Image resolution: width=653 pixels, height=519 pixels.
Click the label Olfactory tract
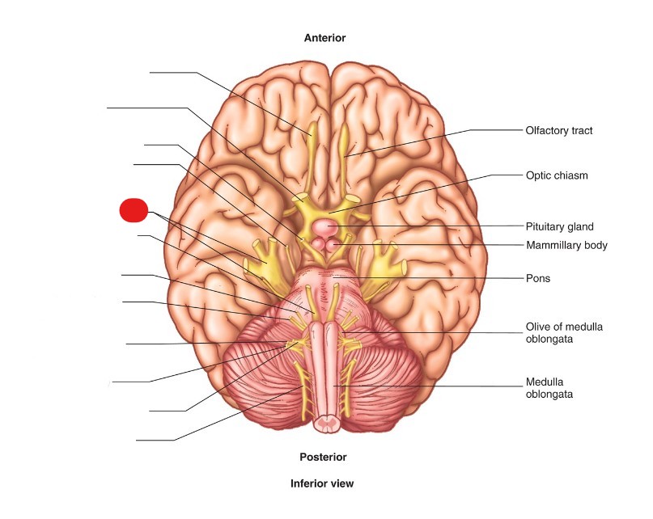559,130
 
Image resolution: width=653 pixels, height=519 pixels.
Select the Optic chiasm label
557,175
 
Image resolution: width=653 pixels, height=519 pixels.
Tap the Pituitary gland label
560,227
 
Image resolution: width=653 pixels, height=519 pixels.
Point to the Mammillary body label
566,245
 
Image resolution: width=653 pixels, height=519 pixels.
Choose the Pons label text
537,278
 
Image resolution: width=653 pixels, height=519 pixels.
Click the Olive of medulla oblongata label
564,332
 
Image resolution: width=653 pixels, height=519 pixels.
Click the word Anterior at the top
324,38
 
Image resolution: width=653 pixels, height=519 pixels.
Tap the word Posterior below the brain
323,457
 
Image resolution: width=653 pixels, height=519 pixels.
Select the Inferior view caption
322,483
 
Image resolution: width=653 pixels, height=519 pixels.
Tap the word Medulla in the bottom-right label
544,382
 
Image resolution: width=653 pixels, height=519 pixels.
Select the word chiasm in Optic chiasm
571,175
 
